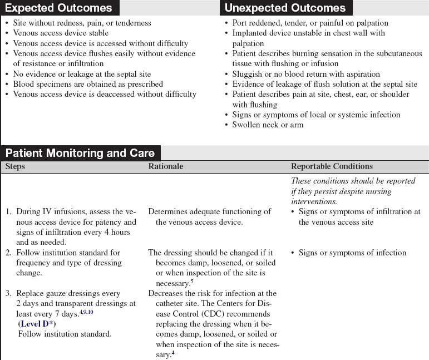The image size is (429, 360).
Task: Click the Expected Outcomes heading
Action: click(58, 8)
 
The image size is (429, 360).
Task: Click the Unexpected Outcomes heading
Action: click(284, 8)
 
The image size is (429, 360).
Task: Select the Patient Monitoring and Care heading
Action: click(80, 153)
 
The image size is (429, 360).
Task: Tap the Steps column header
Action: click(15, 166)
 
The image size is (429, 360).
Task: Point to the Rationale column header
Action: click(165, 166)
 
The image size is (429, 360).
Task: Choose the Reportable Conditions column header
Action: click(332, 166)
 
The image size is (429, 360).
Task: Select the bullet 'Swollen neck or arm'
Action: click(268, 125)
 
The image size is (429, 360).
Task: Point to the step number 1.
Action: click(8, 211)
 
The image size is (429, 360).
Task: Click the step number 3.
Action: click(8, 293)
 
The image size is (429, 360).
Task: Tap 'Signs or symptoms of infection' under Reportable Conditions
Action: click(352, 253)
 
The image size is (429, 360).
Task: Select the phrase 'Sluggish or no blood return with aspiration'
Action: click(306, 74)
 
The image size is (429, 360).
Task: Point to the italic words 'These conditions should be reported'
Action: click(353, 181)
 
